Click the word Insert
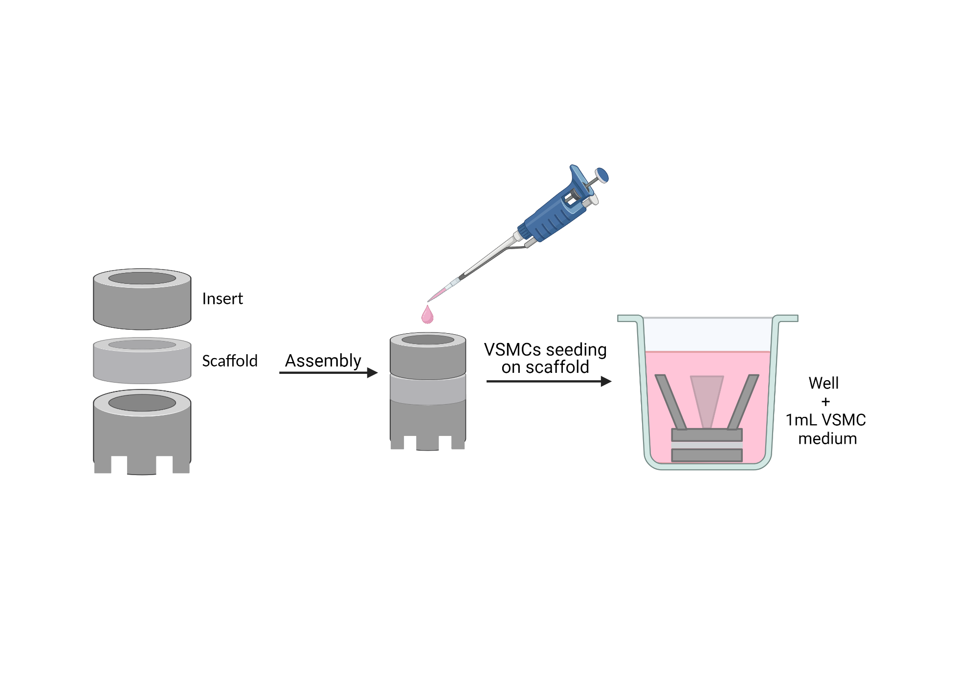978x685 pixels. [x=222, y=299]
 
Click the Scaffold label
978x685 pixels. [x=229, y=361]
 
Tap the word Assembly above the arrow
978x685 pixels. [x=323, y=361]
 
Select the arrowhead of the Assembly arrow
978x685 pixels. [x=373, y=373]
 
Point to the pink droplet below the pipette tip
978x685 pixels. [x=427, y=316]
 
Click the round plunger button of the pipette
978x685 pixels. [x=602, y=175]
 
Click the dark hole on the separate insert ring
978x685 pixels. [x=142, y=278]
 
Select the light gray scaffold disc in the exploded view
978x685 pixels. [x=142, y=365]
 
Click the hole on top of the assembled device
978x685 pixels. [x=428, y=340]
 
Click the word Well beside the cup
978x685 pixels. [x=823, y=383]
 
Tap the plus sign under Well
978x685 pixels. [x=826, y=402]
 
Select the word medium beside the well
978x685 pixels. [x=827, y=439]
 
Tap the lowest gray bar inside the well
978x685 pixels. [x=707, y=455]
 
